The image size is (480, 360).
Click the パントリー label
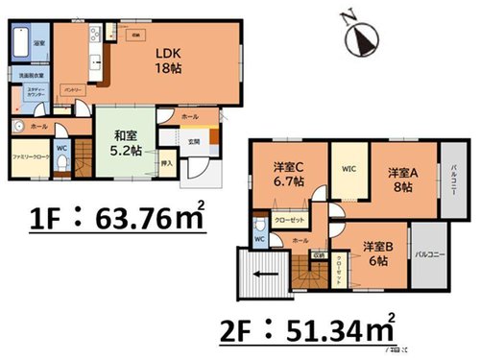click(x=69, y=88)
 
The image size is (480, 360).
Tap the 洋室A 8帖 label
click(x=404, y=180)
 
